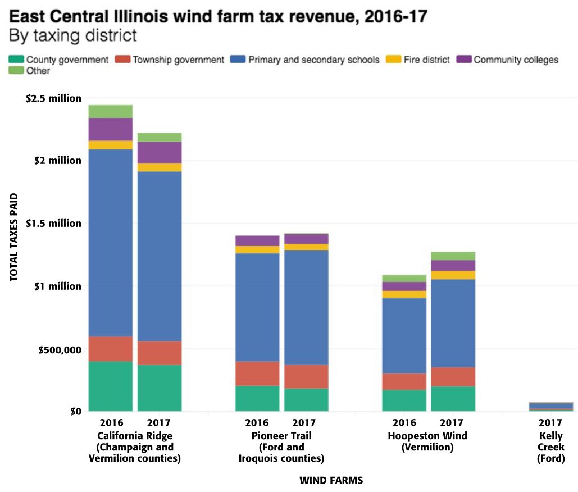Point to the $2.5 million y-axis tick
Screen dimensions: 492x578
click(x=53, y=99)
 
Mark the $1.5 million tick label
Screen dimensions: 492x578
click(x=53, y=224)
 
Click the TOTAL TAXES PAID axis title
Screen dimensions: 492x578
click(x=13, y=238)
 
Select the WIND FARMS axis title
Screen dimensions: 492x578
click(x=331, y=481)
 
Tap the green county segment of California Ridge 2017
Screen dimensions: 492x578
click(x=159, y=388)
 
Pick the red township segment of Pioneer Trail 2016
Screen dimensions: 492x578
click(x=257, y=373)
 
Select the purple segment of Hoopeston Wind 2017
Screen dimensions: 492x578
click(x=453, y=265)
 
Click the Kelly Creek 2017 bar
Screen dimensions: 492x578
click(x=550, y=407)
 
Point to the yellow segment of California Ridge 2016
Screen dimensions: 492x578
click(x=110, y=145)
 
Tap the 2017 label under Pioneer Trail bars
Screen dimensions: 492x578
click(x=306, y=422)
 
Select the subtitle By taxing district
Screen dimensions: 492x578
click(x=72, y=35)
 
